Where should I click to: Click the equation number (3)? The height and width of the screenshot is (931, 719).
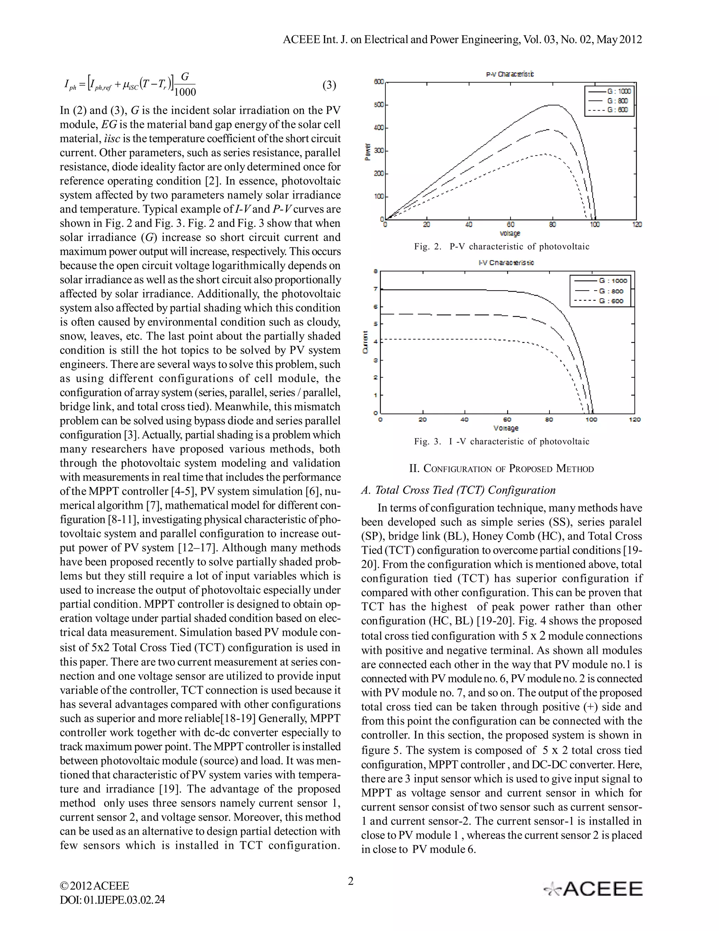click(329, 85)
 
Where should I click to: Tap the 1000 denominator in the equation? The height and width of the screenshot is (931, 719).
click(185, 92)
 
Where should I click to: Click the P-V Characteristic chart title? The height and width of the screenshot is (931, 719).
click(510, 74)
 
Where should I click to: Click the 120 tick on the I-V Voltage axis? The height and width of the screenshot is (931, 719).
click(634, 419)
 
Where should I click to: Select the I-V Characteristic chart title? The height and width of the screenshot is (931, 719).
click(506, 262)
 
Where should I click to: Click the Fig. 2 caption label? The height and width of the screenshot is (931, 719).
click(428, 246)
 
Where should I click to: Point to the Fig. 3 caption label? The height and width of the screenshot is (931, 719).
click(428, 441)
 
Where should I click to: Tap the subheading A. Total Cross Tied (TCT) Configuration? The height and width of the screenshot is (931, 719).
click(458, 490)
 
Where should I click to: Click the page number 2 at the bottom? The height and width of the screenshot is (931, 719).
click(351, 881)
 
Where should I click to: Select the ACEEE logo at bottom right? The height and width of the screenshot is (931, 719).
click(593, 889)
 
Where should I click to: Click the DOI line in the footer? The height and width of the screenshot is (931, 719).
click(112, 899)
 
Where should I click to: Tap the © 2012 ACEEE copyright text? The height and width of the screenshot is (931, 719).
click(94, 885)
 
